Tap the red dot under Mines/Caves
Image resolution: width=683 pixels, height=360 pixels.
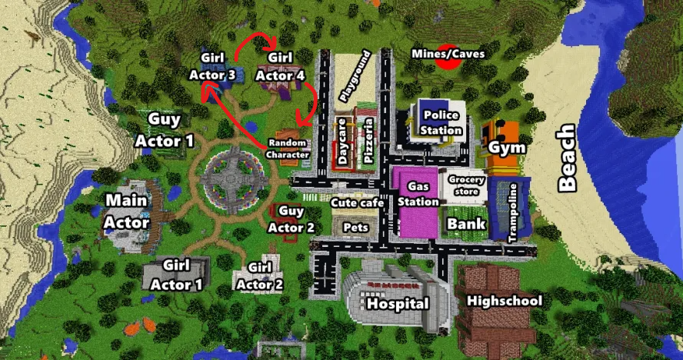click(x=445, y=62)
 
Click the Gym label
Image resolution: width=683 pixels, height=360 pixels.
click(x=507, y=148)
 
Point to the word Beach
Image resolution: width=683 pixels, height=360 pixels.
click(x=567, y=159)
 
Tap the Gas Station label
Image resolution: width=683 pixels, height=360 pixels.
click(x=418, y=195)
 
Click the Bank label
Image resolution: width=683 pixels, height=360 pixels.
click(x=466, y=224)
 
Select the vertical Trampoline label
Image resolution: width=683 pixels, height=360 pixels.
click(x=514, y=217)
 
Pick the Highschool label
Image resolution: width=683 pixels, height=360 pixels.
click(x=504, y=301)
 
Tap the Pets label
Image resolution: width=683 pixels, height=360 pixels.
click(x=355, y=228)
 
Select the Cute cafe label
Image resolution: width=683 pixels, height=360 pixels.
click(x=356, y=204)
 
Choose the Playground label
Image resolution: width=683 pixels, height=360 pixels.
click(x=354, y=77)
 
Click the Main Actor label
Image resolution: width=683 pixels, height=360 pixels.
click(x=127, y=211)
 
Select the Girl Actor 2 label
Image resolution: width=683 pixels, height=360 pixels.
click(x=261, y=275)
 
